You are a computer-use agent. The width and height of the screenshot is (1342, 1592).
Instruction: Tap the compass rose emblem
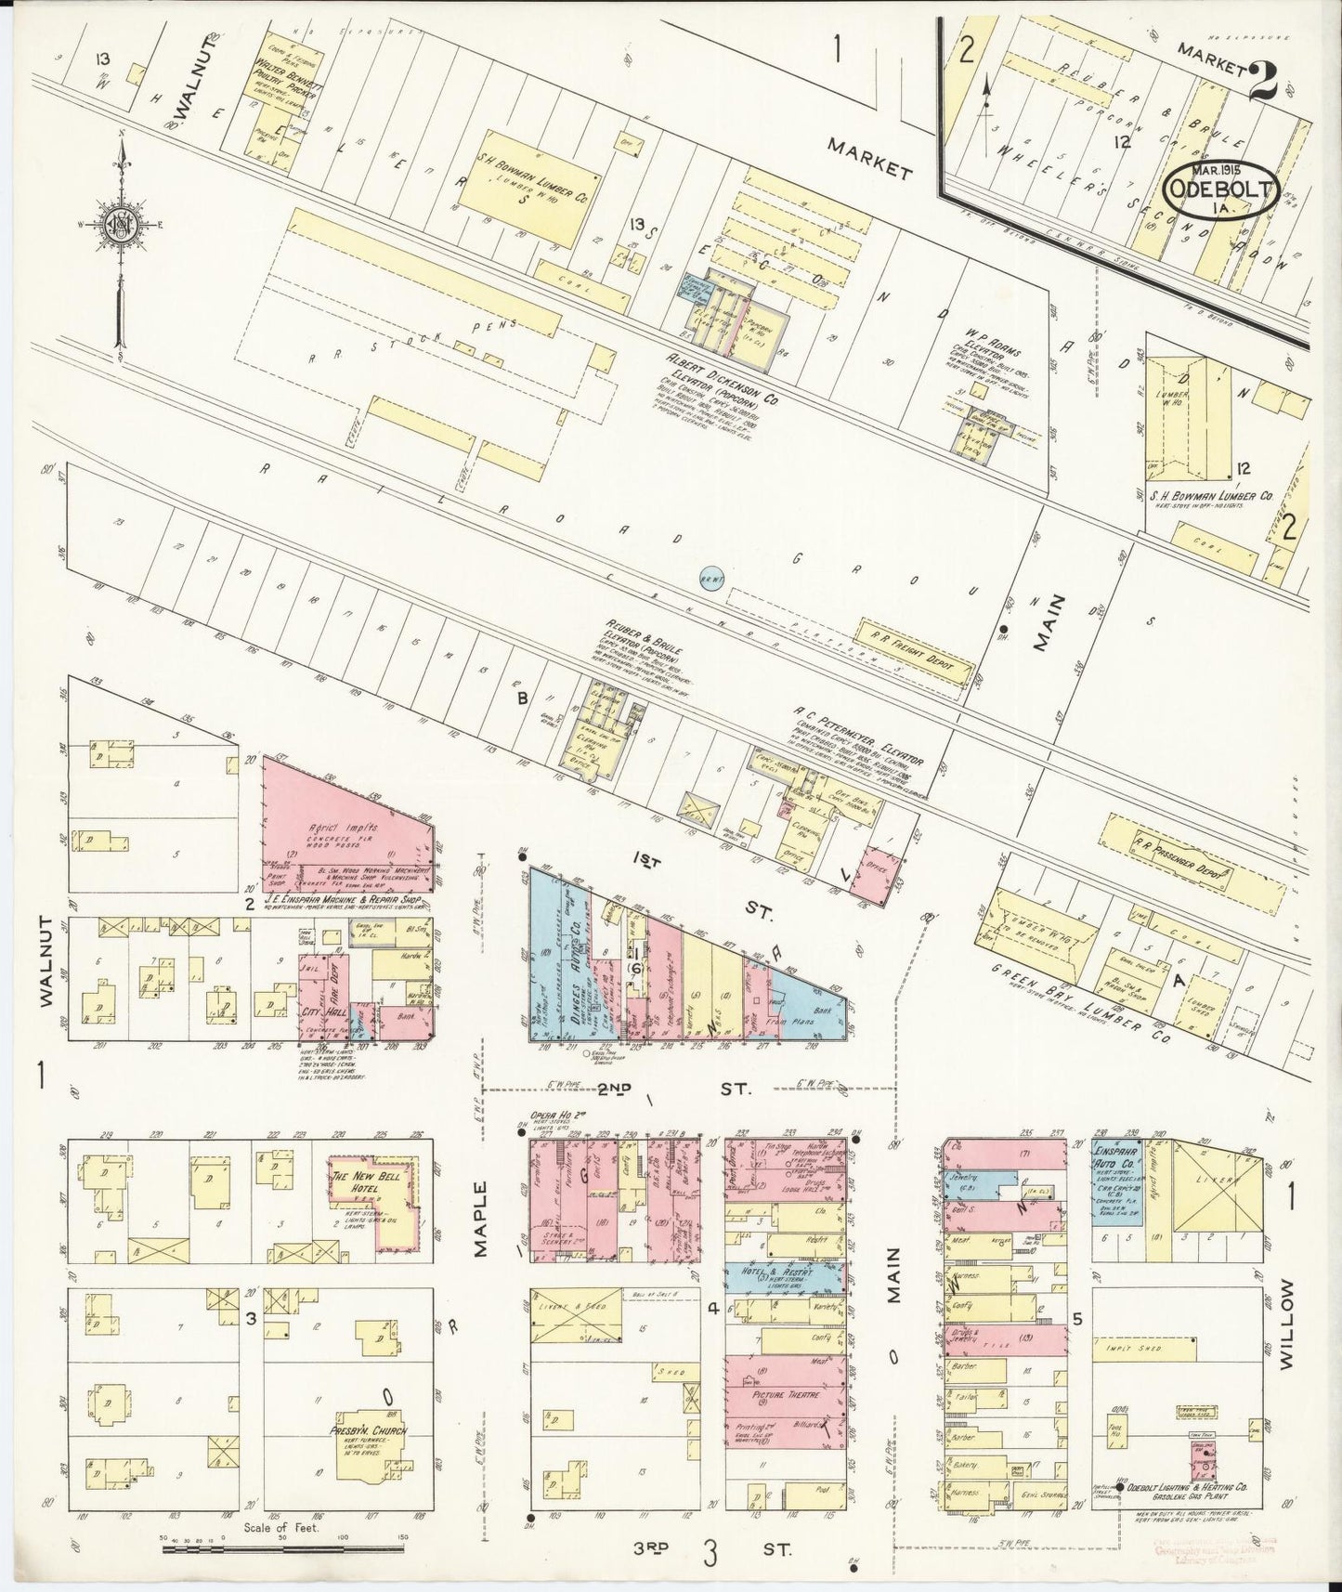[120, 226]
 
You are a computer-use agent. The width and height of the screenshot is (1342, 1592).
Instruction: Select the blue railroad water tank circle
[711, 579]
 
